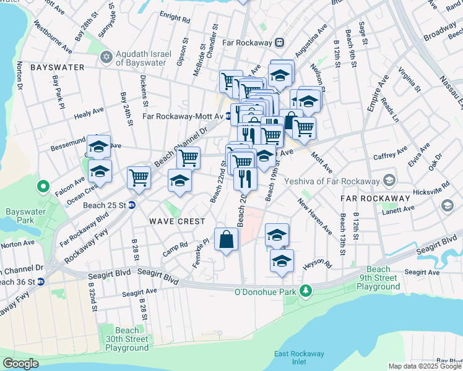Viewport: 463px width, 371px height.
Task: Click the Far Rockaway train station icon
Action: tap(280, 43)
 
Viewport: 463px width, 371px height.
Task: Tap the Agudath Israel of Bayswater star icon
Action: tap(105, 58)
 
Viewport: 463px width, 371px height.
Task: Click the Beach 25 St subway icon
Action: tap(132, 205)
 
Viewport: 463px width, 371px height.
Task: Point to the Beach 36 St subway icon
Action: tap(41, 282)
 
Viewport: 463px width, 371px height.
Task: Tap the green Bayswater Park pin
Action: tap(43, 185)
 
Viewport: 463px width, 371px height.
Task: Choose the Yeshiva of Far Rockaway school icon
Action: tap(389, 181)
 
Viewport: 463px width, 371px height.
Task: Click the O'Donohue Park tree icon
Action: tap(305, 290)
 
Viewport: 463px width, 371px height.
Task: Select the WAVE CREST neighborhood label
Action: tap(176, 221)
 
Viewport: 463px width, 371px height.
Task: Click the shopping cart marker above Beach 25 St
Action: tap(139, 177)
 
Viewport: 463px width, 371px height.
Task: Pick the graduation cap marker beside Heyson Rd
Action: tap(282, 261)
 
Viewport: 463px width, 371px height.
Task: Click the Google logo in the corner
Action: tap(20, 364)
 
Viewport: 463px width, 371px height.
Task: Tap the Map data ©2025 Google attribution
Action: tap(425, 366)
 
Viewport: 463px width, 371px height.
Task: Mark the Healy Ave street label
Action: tap(89, 113)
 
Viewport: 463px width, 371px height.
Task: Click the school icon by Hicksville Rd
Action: tap(447, 205)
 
